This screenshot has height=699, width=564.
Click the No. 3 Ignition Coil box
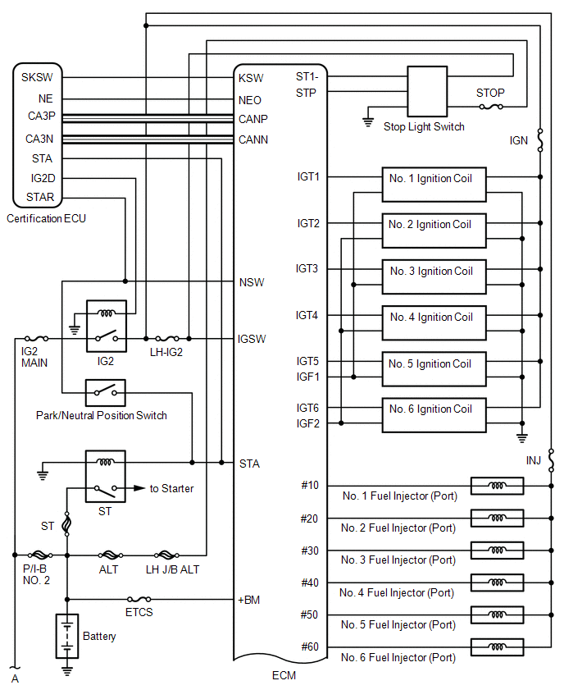click(434, 276)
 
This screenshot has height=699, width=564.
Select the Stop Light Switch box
click(427, 92)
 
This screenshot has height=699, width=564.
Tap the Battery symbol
click(67, 636)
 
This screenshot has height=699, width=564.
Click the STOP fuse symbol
click(491, 107)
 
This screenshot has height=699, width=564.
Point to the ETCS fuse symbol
click(139, 599)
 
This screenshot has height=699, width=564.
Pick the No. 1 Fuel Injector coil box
click(497, 486)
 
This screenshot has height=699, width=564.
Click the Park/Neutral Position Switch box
click(106, 393)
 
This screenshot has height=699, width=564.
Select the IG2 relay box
click(107, 326)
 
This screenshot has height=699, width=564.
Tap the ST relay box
click(106, 476)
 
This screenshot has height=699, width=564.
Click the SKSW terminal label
click(37, 77)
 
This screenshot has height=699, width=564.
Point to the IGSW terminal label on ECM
click(252, 340)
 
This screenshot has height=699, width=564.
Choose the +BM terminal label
click(249, 600)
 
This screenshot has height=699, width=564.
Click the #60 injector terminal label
click(310, 646)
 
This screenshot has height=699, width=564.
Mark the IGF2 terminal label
click(308, 423)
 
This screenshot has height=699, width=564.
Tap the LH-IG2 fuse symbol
click(167, 339)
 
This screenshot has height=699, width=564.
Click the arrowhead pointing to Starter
click(139, 488)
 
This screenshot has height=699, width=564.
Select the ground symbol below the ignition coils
click(522, 438)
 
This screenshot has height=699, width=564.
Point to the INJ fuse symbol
click(551, 460)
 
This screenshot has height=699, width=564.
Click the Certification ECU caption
click(47, 218)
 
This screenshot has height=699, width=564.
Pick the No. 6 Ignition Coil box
click(434, 415)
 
